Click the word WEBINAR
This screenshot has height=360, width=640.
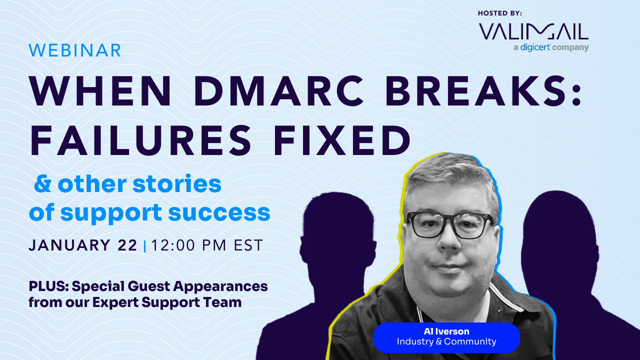(75, 50)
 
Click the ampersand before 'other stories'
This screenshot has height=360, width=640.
(42, 184)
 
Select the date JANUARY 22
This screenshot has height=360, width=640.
(83, 245)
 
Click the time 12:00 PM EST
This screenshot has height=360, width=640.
(207, 245)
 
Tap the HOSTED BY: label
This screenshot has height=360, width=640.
(499, 13)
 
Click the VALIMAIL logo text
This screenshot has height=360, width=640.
(533, 31)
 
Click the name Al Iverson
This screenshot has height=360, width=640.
(446, 332)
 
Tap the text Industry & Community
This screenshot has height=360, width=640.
(446, 342)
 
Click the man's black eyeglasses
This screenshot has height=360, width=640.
(449, 224)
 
